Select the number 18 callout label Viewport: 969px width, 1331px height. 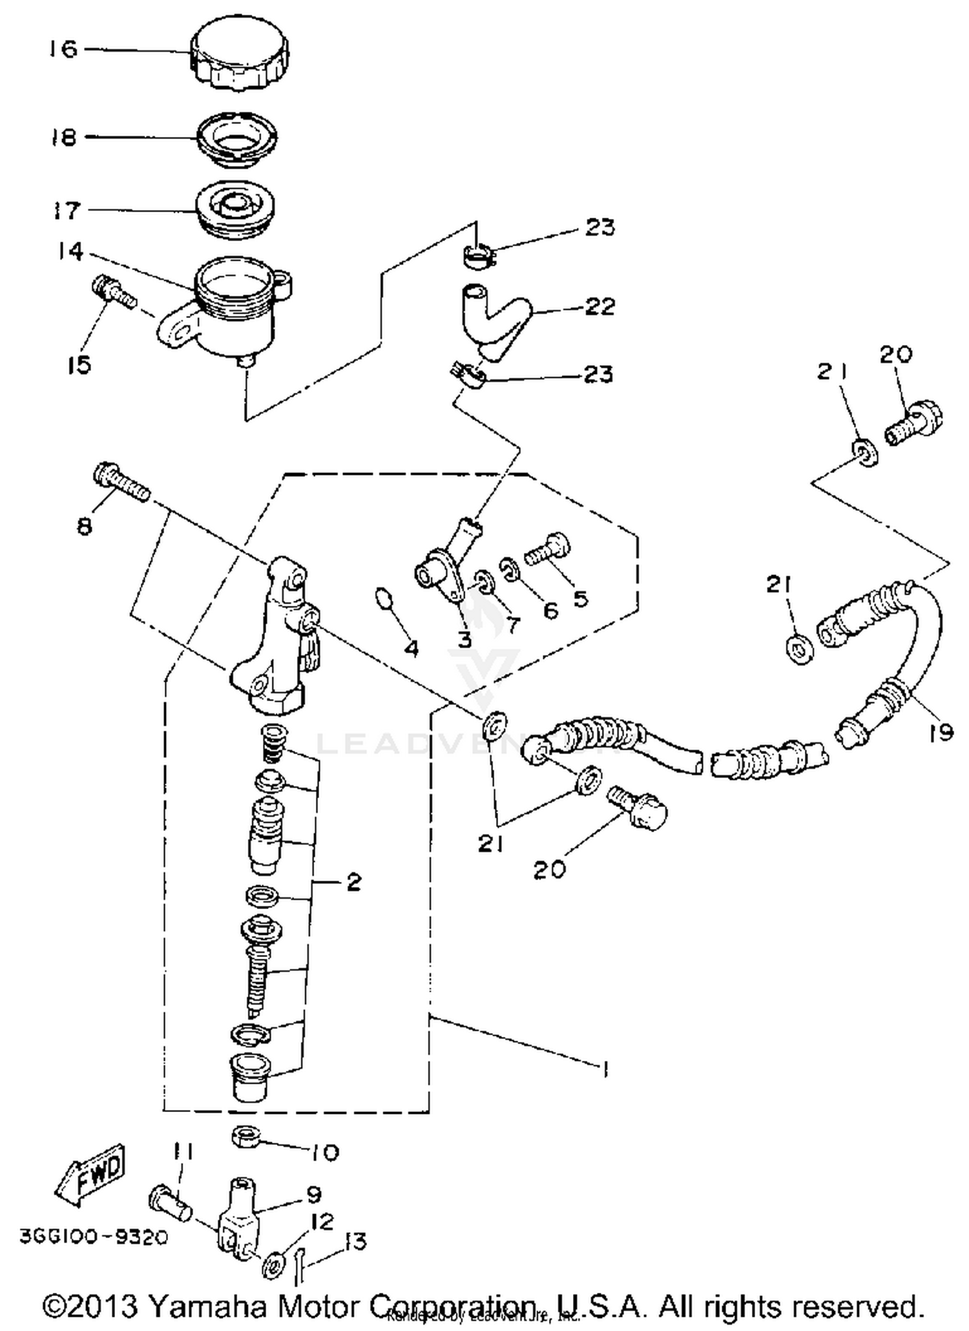[64, 138]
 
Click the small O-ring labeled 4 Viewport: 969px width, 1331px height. [384, 598]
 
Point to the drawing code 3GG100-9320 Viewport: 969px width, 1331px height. [94, 1237]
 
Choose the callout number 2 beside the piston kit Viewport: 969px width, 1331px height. [353, 883]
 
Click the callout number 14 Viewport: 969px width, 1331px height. [69, 251]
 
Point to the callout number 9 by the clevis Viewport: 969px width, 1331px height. [314, 1194]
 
